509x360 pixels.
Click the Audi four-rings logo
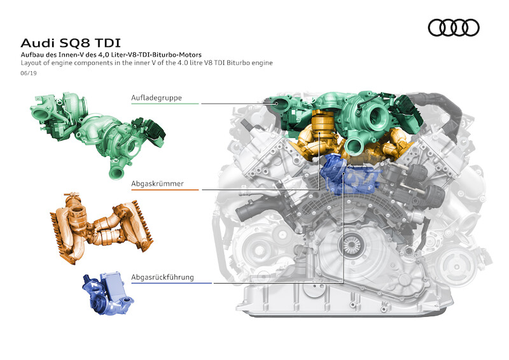tap(454, 27)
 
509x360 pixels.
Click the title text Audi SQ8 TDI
tap(71, 43)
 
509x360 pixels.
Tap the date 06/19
tap(29, 73)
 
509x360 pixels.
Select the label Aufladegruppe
tap(157, 98)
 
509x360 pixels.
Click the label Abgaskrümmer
tap(157, 184)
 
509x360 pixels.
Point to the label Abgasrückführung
tap(162, 277)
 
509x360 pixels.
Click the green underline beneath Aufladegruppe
tap(165, 104)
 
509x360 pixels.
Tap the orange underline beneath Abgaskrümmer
tap(165, 190)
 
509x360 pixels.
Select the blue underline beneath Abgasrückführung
tap(171, 283)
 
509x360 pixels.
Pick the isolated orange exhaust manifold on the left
tap(101, 227)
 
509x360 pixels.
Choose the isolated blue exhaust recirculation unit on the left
tap(108, 294)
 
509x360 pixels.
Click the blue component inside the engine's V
tap(349, 175)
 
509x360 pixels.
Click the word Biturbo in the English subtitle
tap(237, 63)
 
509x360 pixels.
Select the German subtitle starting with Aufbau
tap(111, 55)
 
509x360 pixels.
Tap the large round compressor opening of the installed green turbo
tap(378, 116)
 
